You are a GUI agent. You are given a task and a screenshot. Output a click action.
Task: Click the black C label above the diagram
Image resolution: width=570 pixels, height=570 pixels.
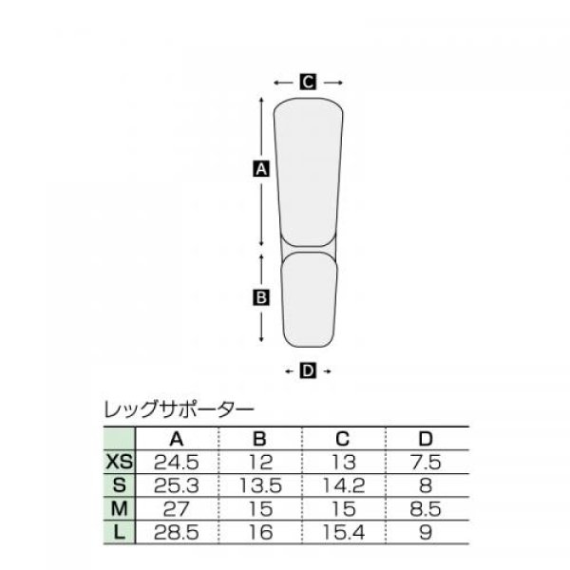(x=308, y=83)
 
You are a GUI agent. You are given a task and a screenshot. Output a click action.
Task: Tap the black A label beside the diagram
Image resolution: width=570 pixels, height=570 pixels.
(x=261, y=170)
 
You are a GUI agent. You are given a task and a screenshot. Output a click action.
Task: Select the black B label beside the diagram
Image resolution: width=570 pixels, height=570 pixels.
(x=261, y=297)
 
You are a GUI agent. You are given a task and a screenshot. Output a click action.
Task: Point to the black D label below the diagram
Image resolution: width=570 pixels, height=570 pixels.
(x=308, y=370)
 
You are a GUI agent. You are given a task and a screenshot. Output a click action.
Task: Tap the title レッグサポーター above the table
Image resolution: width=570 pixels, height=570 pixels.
(x=177, y=411)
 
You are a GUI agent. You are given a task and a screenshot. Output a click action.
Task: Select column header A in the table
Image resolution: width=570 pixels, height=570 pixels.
(x=177, y=440)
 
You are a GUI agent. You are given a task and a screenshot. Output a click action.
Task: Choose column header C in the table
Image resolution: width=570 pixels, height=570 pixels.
(x=344, y=440)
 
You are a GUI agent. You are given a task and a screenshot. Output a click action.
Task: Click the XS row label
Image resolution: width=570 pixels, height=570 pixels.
(x=119, y=464)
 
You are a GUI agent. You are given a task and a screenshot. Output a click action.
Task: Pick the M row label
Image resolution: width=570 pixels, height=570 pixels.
(x=119, y=507)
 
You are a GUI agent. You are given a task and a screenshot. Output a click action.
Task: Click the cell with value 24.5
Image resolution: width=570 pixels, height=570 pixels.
(x=177, y=464)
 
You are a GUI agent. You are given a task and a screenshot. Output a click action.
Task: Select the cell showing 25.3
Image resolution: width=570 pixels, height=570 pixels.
(x=177, y=485)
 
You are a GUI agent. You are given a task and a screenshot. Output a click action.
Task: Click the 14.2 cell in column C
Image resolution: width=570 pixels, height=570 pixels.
(x=344, y=485)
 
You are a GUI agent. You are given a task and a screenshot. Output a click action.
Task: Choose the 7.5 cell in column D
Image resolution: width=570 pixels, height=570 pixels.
(x=427, y=464)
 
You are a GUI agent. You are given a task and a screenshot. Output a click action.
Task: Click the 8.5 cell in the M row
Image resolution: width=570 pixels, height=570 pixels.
(x=427, y=507)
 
